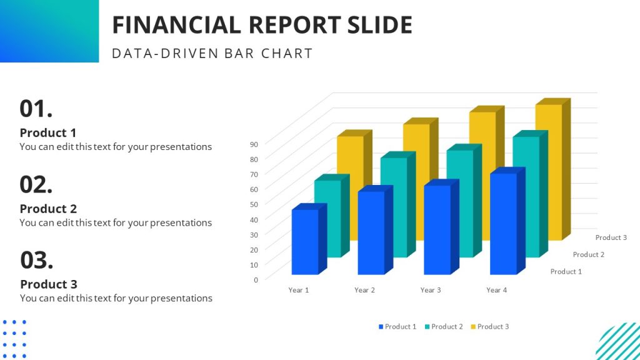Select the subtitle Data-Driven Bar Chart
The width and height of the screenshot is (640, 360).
[x=212, y=53]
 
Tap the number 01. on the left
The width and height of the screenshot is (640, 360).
[x=36, y=109]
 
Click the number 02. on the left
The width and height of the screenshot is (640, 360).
[x=36, y=184]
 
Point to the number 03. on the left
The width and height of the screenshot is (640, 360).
[x=36, y=259]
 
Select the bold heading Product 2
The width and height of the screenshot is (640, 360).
[x=48, y=209]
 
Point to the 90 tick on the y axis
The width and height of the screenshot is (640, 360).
[x=254, y=144]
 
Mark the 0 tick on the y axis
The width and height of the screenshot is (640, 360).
[x=256, y=279]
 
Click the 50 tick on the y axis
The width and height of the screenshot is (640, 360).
[x=254, y=204]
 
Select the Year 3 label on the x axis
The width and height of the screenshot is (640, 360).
[x=431, y=290]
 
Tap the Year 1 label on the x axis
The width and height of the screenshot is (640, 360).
[x=298, y=290]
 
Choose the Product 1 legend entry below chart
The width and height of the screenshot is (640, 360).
[x=397, y=327]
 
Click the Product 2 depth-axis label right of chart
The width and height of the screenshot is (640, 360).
[x=589, y=254]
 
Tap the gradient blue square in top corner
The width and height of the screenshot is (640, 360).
[x=49, y=31]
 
